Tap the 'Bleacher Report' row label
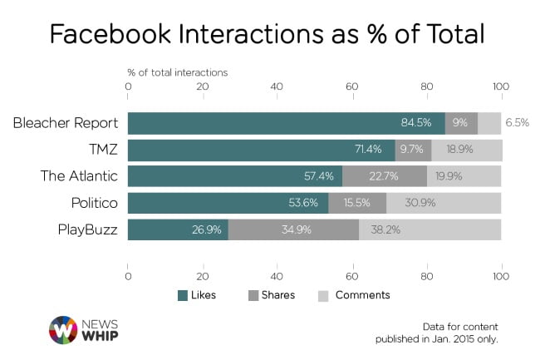pos(66,123)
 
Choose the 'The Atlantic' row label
pos(80,176)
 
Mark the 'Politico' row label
pos(93,203)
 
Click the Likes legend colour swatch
pos(183,295)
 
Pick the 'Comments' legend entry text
pos(362,295)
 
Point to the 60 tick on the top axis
pos(351,86)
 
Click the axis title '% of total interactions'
pos(177,72)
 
